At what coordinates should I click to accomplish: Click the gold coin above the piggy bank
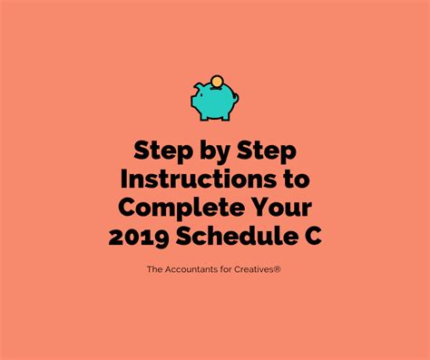click(216, 81)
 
